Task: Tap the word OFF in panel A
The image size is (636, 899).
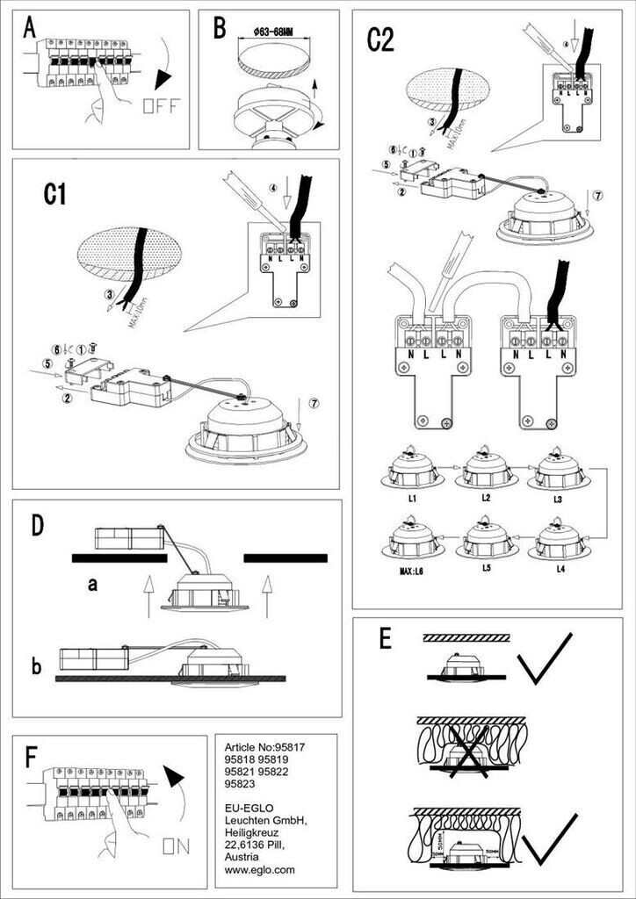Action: pyautogui.click(x=161, y=107)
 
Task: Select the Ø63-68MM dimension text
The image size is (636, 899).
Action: pyautogui.click(x=271, y=32)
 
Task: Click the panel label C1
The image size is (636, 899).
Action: pyautogui.click(x=55, y=194)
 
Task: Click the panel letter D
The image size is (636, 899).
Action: pyautogui.click(x=37, y=525)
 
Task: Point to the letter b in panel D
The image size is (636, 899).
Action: pyautogui.click(x=36, y=666)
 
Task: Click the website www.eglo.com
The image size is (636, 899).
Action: pyautogui.click(x=260, y=870)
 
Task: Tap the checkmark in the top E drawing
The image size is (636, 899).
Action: pyautogui.click(x=546, y=660)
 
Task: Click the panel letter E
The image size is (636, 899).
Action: pyautogui.click(x=384, y=639)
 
